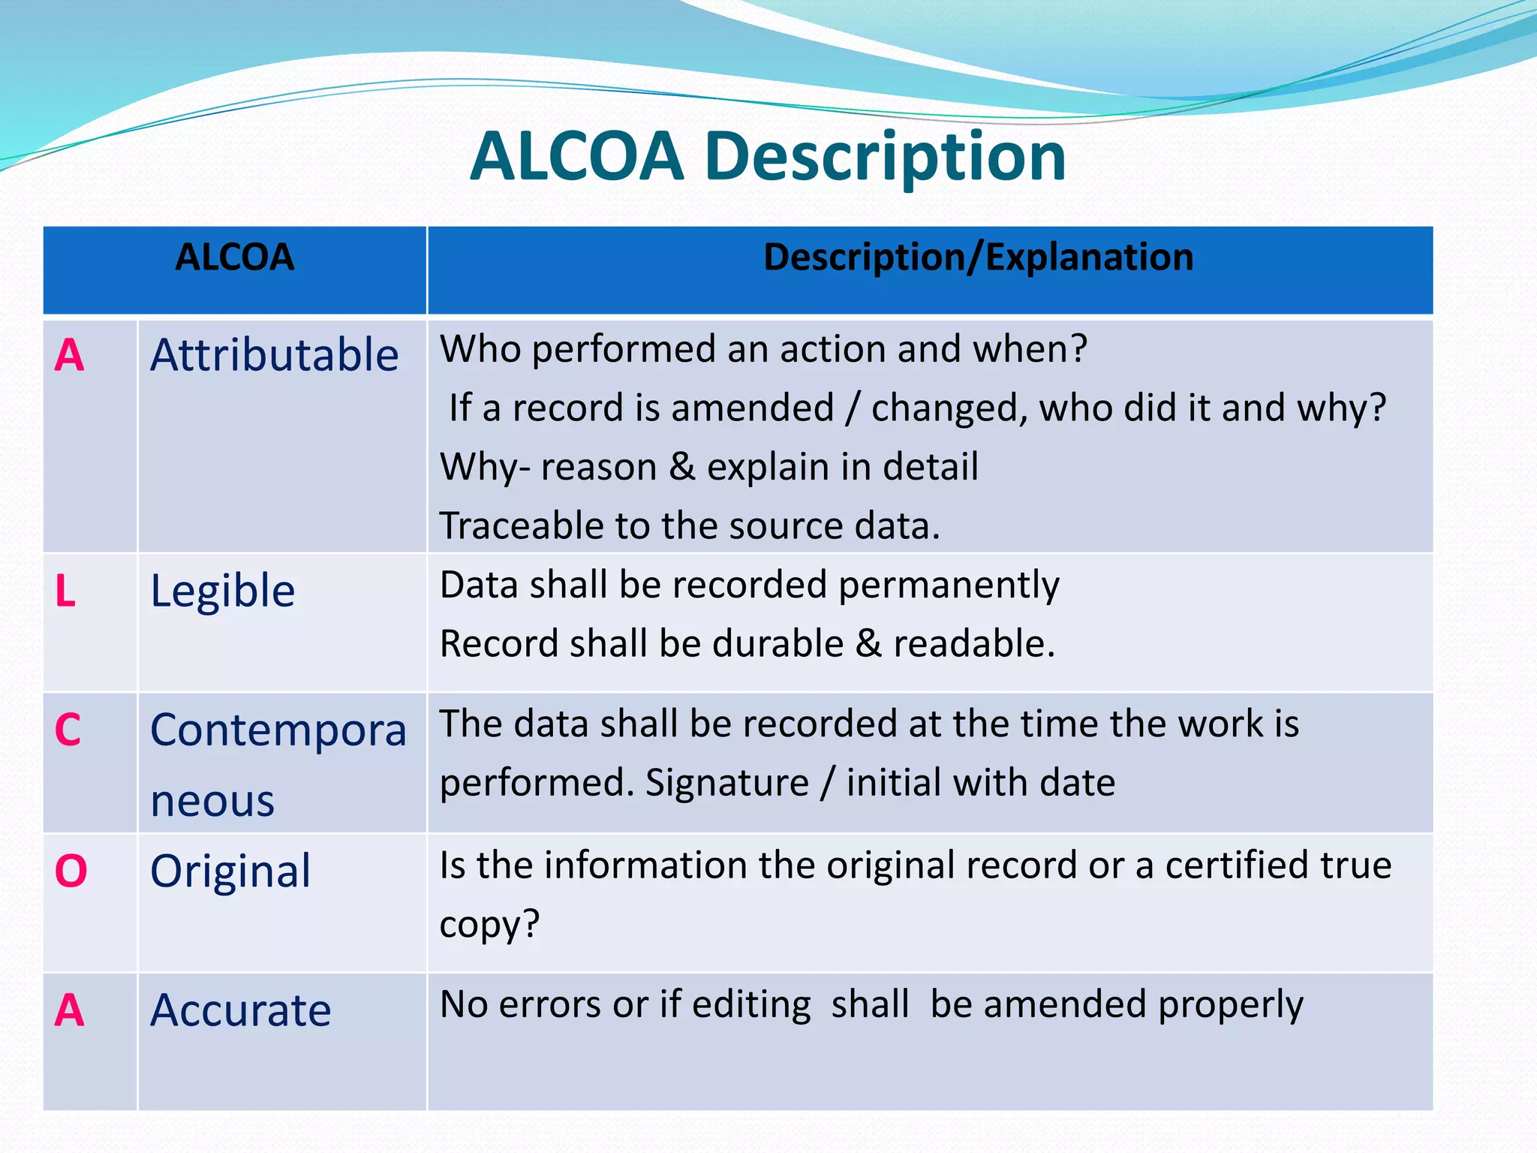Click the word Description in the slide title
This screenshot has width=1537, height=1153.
(x=885, y=158)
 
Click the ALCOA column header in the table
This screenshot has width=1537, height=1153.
(x=234, y=257)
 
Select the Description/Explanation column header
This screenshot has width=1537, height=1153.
(x=978, y=257)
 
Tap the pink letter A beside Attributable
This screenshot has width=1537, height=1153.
(x=69, y=355)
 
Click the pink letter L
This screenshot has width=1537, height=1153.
(x=65, y=591)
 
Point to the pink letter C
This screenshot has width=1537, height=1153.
(x=68, y=730)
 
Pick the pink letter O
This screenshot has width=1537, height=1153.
(x=71, y=872)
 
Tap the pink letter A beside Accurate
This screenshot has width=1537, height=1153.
(x=69, y=1010)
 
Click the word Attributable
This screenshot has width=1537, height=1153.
(x=274, y=355)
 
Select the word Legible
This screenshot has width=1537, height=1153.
(x=223, y=591)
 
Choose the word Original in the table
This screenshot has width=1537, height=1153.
(x=230, y=872)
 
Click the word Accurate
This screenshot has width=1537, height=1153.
(x=240, y=1010)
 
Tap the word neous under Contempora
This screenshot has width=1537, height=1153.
(x=212, y=801)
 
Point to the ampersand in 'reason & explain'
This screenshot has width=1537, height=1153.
(x=681, y=467)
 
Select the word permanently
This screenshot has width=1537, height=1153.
(x=949, y=586)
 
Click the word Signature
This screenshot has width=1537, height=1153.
(x=727, y=783)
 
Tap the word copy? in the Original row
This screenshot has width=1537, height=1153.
(x=489, y=925)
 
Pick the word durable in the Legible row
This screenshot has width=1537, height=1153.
(x=778, y=644)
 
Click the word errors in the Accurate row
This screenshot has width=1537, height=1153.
(x=550, y=1004)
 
